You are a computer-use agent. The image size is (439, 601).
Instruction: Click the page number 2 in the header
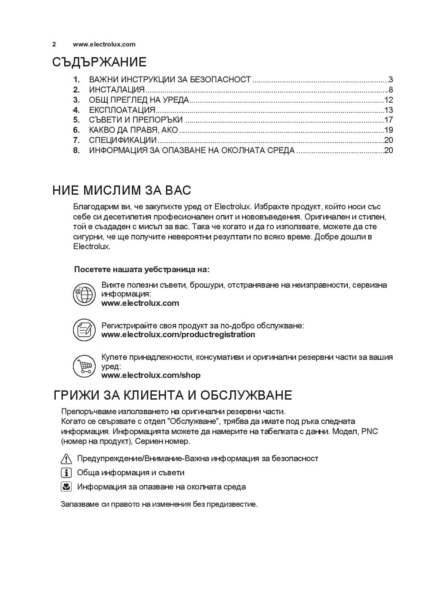coord(54,44)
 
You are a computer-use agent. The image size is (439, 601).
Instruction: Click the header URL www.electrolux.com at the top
coord(104,44)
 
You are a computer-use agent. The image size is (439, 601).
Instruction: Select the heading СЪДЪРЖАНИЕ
coord(99,62)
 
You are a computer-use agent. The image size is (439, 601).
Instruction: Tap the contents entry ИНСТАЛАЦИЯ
coord(116,90)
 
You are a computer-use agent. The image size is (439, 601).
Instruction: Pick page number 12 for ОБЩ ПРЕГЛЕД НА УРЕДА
coord(389,100)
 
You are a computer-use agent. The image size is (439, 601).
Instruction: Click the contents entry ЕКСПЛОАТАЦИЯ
coord(122,110)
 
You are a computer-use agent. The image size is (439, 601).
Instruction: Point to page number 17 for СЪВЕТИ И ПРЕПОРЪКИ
coord(389,120)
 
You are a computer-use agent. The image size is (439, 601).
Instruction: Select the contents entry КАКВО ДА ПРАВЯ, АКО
coord(133,130)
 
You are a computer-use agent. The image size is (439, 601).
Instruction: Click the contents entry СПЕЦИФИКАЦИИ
coord(123,140)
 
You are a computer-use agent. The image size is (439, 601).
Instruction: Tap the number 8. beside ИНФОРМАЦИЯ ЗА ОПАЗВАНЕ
coord(77,150)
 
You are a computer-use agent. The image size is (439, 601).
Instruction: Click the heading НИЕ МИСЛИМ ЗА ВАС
coord(122,191)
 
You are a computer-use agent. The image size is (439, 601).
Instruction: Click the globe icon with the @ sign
coord(84,294)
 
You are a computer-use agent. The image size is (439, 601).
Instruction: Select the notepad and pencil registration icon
coord(84,330)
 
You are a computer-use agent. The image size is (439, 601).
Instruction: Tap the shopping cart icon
coord(84,366)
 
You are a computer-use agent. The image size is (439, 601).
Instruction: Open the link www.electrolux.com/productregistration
coord(178,335)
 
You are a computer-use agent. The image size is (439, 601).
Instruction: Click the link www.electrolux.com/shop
coord(150,375)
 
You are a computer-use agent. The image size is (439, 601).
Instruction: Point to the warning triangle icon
coord(66,459)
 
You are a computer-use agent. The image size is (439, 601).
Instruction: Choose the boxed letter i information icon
coord(66,473)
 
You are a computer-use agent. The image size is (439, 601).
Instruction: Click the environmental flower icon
coord(66,487)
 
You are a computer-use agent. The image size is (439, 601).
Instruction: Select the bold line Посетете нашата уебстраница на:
coord(142,270)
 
